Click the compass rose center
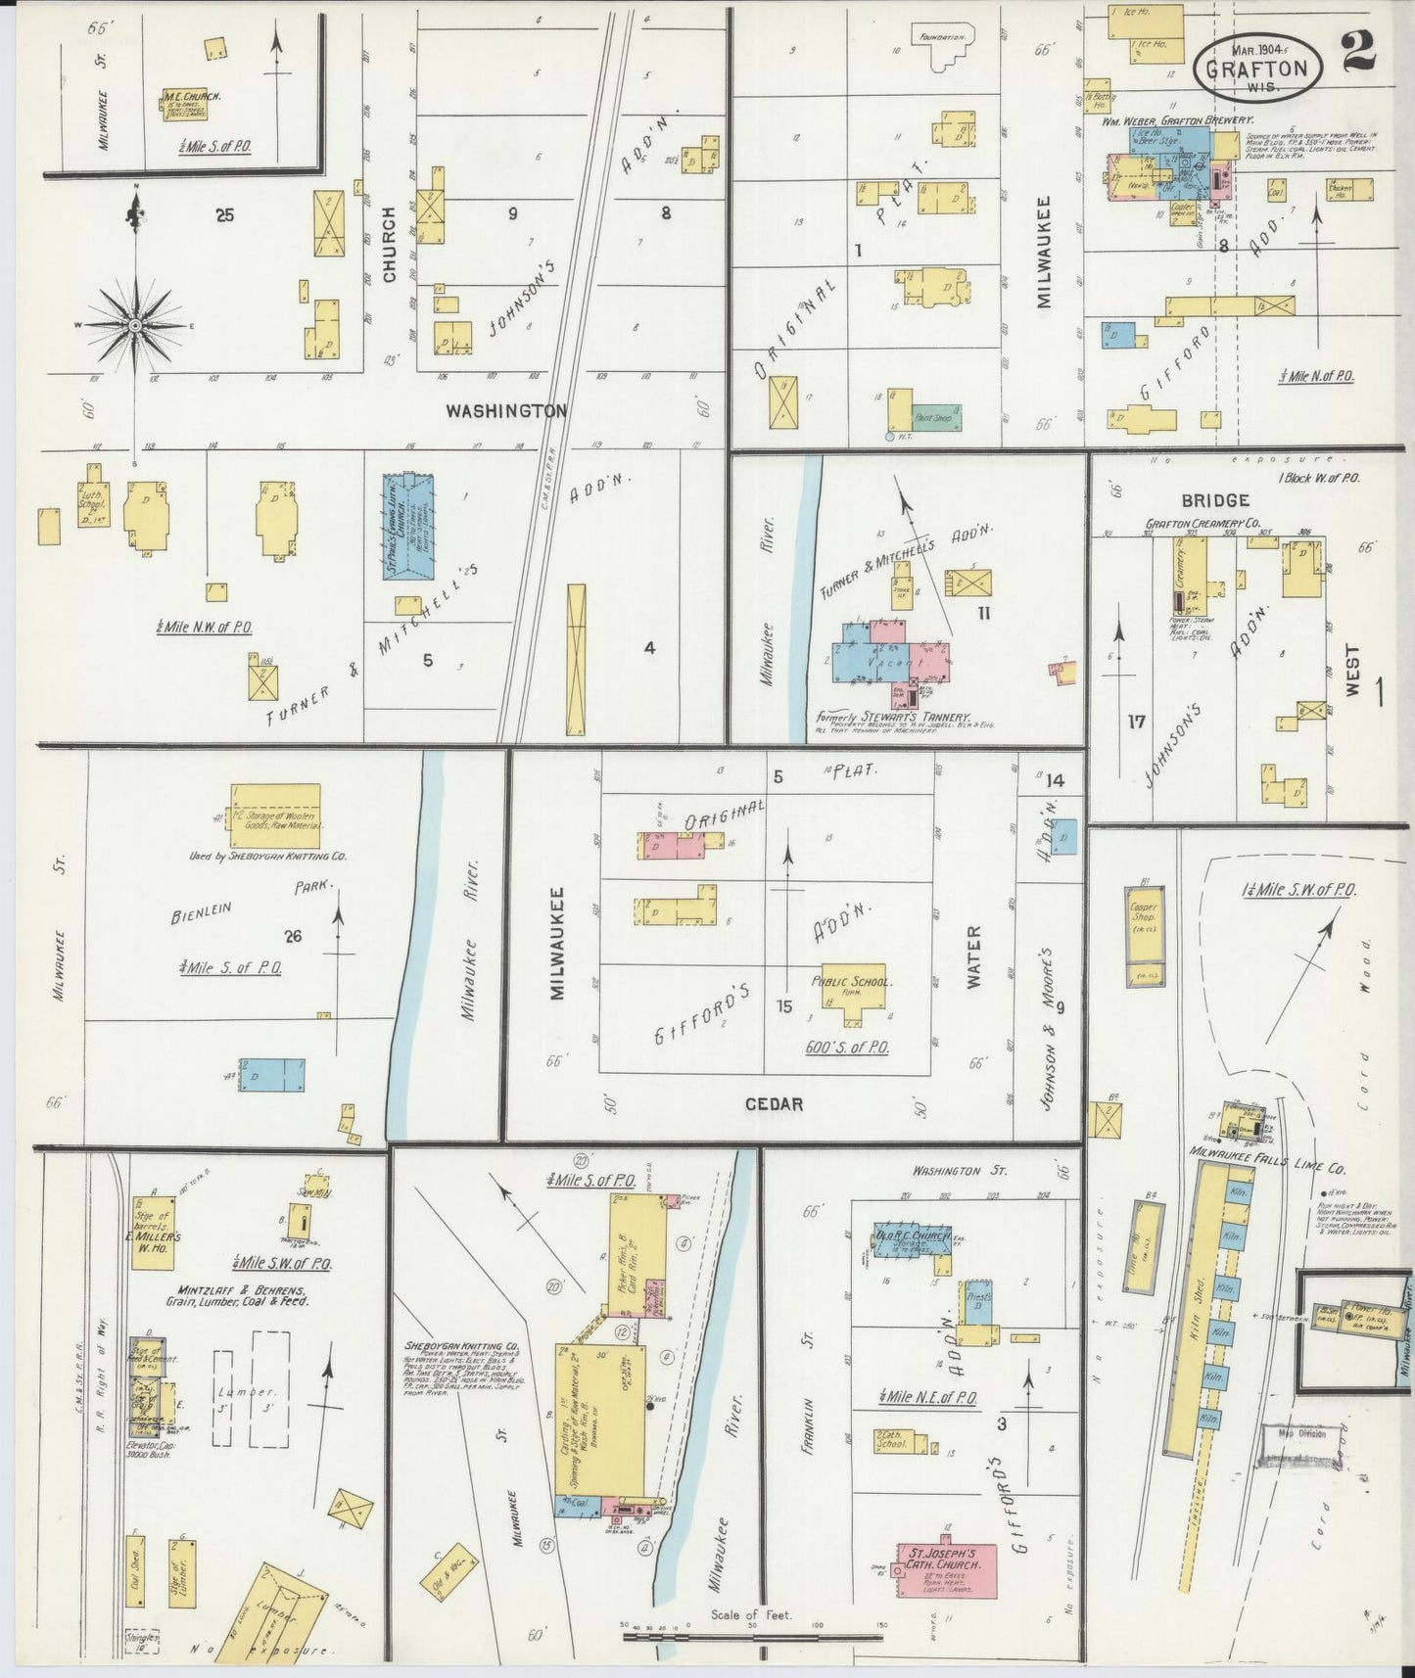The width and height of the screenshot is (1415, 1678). pyautogui.click(x=135, y=324)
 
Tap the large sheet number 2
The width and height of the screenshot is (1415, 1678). pyautogui.click(x=1359, y=50)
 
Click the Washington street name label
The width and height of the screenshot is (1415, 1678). pyautogui.click(x=506, y=411)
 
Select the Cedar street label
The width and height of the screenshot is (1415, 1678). pyautogui.click(x=775, y=1103)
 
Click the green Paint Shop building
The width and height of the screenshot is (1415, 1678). pyautogui.click(x=937, y=417)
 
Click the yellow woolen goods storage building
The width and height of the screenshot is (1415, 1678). pyautogui.click(x=275, y=815)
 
